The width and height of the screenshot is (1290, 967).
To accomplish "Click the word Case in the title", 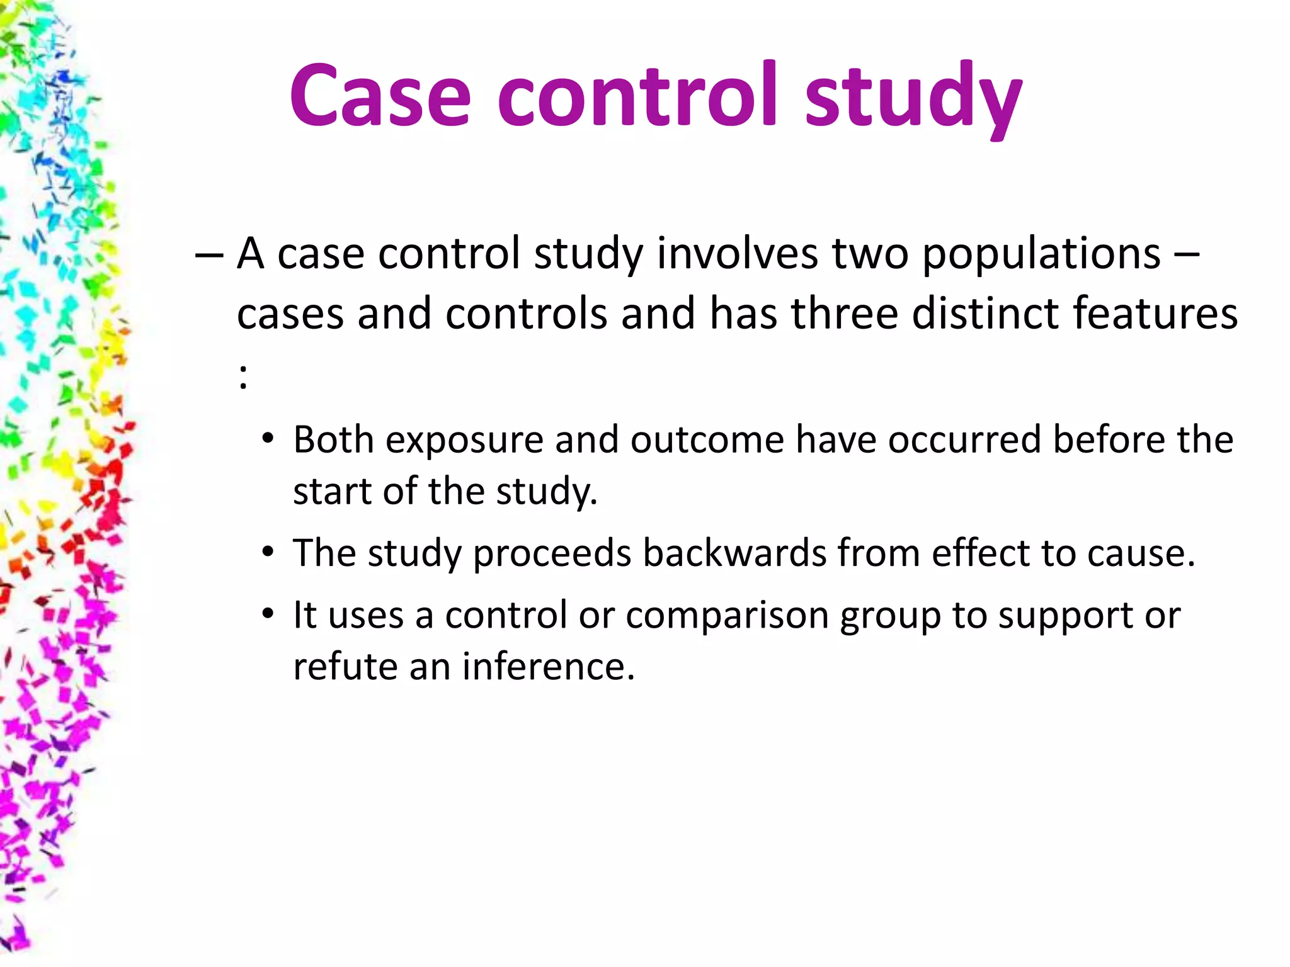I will tap(380, 96).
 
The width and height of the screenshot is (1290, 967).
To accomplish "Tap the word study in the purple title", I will tap(913, 99).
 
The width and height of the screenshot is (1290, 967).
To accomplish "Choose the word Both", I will tap(333, 439).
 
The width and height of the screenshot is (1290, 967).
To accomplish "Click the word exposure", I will tap(464, 440).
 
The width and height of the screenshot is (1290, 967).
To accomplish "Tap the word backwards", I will tap(734, 553).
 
